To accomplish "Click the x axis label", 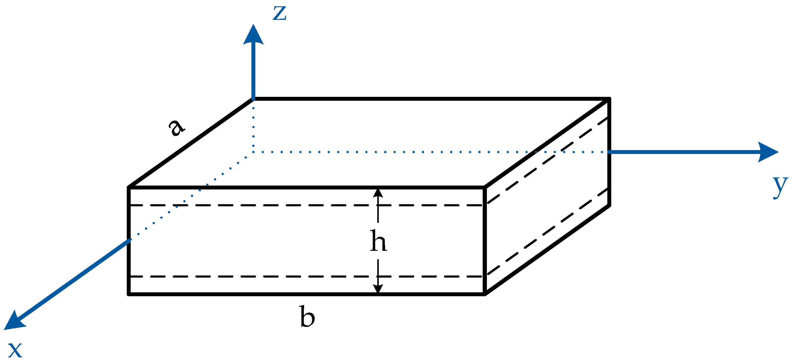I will (x=15, y=350).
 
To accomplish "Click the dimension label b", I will (x=307, y=316).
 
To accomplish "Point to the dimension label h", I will (x=378, y=241).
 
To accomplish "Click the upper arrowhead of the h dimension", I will (x=378, y=193).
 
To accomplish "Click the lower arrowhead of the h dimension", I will (x=378, y=289).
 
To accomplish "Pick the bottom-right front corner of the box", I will (x=485, y=295).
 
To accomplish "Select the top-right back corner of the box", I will (x=609, y=99).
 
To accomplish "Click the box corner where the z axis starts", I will (x=253, y=99).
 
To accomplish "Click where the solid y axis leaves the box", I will (x=609, y=152).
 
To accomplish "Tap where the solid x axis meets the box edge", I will (x=130, y=240).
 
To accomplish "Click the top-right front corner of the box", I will (x=485, y=187).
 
